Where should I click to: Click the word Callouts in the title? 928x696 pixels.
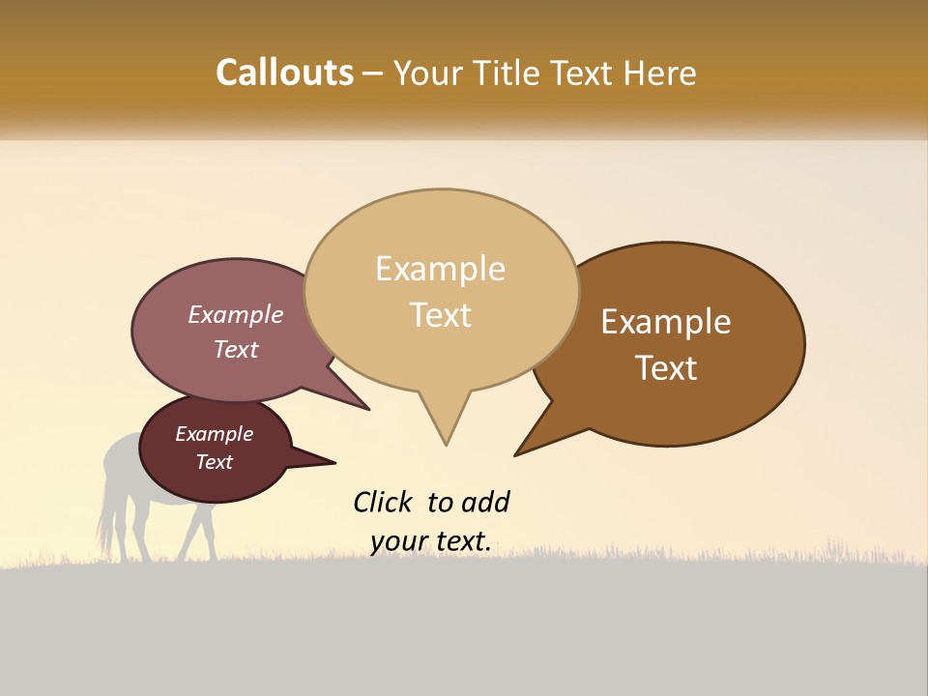pos(284,72)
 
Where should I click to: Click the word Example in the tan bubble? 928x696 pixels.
pos(440,269)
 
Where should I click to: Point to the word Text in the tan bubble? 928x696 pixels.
pos(440,315)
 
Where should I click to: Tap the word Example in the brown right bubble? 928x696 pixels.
pos(666,322)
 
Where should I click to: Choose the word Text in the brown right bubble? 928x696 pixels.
pos(666,368)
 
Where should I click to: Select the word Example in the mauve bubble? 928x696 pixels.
pos(235,315)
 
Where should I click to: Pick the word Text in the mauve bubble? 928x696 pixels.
pos(235,349)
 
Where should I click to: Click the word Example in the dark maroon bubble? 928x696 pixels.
pos(214,434)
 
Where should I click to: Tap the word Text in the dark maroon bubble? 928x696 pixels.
pos(214,462)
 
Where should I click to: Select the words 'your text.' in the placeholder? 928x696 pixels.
pos(431,541)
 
